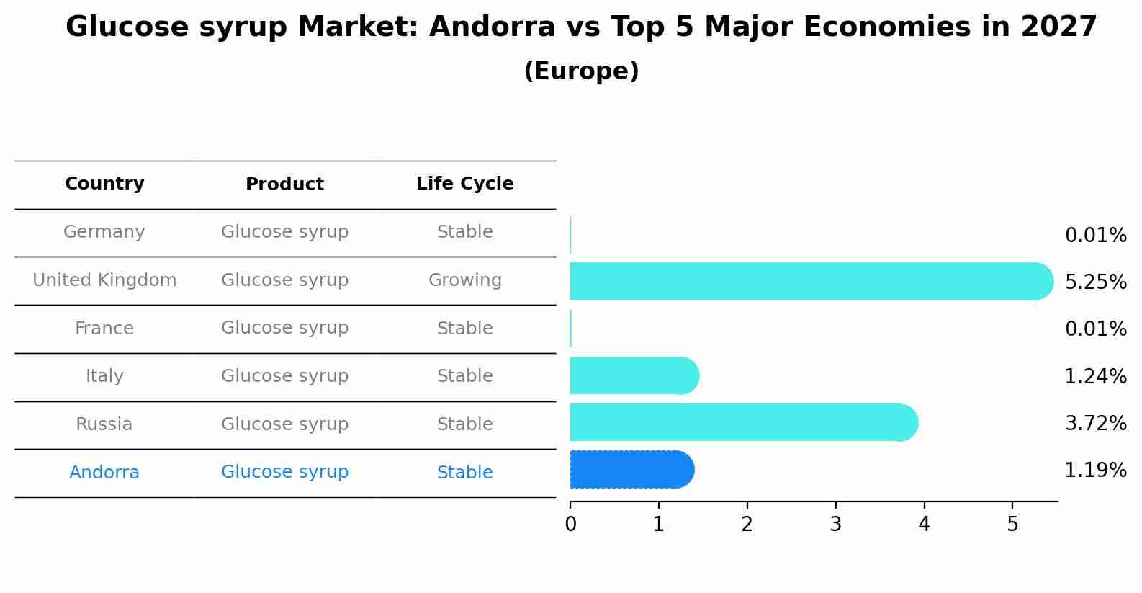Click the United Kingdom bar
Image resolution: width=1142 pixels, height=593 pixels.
coord(810,281)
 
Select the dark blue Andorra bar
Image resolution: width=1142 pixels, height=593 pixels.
coord(631,470)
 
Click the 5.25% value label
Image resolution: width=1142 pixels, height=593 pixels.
coord(1095,282)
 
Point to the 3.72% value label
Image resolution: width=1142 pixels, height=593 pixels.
coord(1095,423)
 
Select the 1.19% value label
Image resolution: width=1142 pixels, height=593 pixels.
coord(1095,471)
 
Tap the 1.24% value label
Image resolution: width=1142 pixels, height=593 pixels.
coord(1095,376)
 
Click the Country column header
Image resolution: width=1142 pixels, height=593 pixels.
coord(104,184)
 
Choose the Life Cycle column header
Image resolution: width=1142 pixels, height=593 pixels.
coord(464,184)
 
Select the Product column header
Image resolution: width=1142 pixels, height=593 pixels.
coord(284,184)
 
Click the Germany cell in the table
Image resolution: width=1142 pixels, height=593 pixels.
coord(104,232)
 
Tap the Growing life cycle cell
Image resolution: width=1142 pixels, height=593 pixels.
coord(464,280)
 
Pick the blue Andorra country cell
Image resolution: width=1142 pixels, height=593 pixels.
coord(104,473)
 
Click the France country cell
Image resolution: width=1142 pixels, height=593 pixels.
coord(104,329)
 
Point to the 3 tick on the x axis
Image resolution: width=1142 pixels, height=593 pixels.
coord(835,524)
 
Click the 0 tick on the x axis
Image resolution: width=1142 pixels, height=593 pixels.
coord(570,524)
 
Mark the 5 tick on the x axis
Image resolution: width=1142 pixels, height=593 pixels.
coord(1012,524)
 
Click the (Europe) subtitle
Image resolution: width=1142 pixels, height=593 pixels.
coord(581,71)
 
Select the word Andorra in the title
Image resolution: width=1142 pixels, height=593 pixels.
coord(492,27)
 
